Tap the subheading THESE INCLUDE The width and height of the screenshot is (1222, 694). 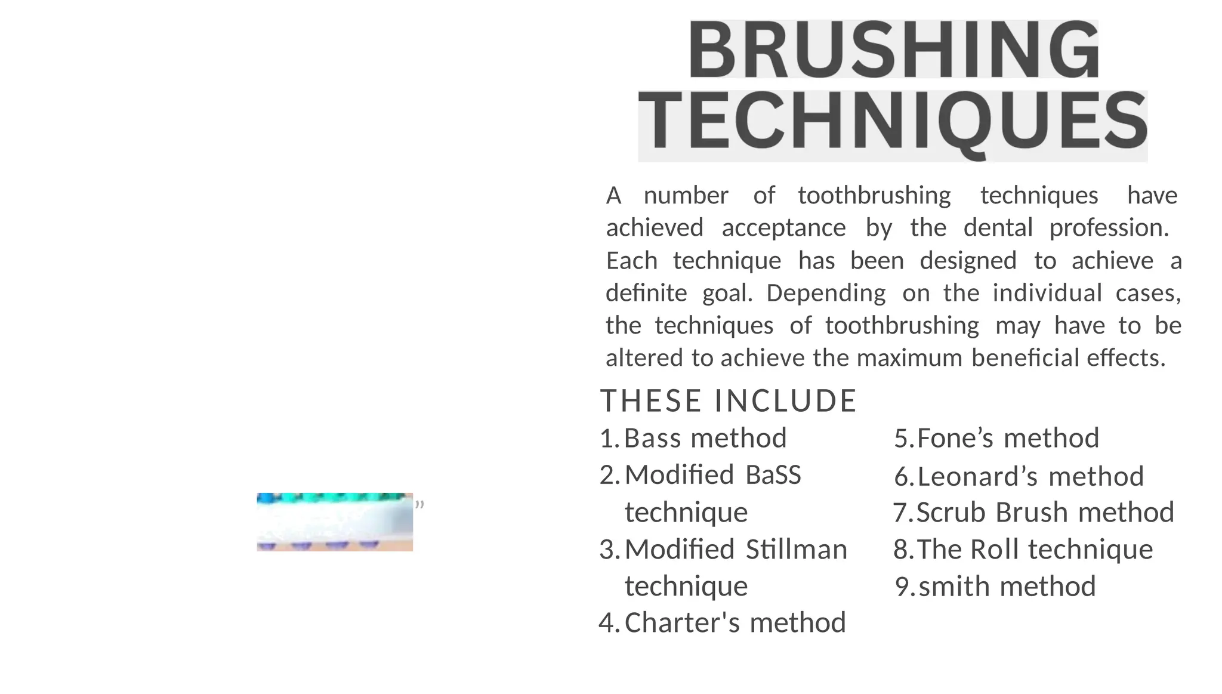[x=729, y=400]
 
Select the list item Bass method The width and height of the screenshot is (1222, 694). [x=705, y=438]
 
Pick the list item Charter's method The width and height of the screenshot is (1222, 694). [x=735, y=622]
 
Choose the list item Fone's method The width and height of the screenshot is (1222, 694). [x=1008, y=438]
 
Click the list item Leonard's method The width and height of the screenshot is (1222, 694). [x=1030, y=476]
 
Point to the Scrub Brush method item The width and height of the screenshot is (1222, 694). [x=1045, y=513]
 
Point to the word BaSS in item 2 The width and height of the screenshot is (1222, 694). [x=773, y=475]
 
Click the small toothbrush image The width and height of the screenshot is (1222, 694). [x=335, y=522]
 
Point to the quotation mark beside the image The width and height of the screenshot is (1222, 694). [x=419, y=505]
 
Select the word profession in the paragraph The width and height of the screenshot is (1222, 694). [x=1108, y=228]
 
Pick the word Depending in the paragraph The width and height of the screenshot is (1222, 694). [x=826, y=294]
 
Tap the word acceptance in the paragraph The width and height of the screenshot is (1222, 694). [x=783, y=228]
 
